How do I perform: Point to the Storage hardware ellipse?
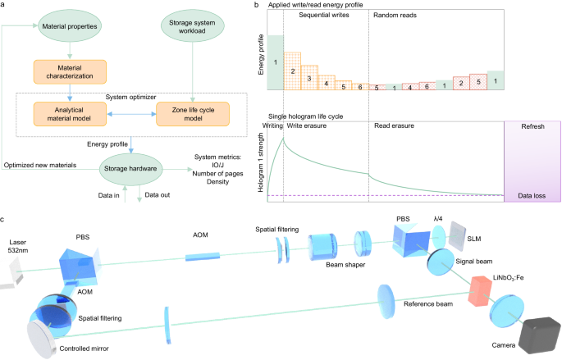point(130,167)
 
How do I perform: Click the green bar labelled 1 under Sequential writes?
point(276,62)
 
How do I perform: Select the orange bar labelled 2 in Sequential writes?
point(292,71)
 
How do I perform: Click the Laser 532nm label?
point(17,247)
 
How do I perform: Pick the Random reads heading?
point(396,25)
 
